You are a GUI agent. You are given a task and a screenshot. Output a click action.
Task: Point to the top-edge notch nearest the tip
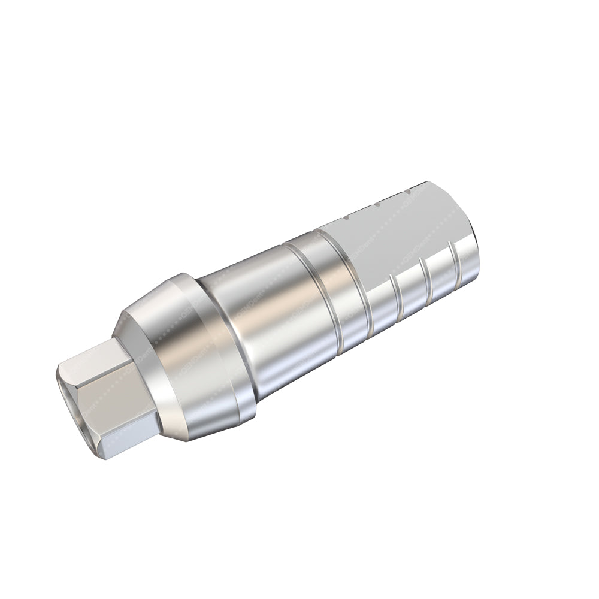click(407, 193)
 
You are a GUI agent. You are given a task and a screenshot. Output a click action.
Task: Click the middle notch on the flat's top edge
click(377, 205)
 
